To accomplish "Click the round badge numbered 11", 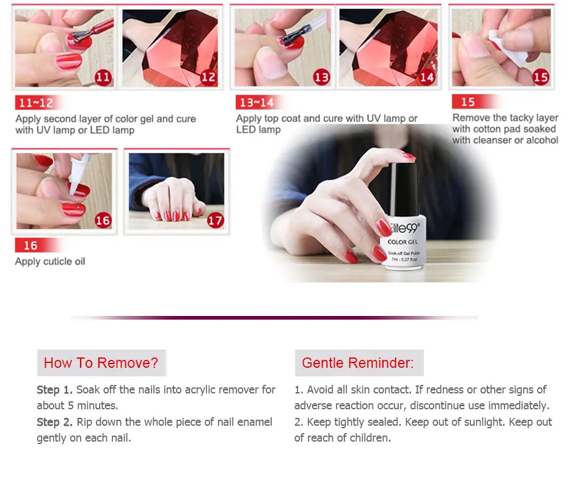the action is [103, 77].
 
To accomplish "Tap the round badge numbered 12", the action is [208, 77].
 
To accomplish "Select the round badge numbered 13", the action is [321, 77].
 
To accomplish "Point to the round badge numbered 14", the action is [427, 77].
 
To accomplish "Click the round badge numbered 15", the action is [541, 77].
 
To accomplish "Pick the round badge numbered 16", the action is [103, 220].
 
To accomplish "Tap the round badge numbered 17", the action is [215, 220].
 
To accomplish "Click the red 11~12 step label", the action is [36, 103].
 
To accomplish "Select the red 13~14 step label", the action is [257, 102].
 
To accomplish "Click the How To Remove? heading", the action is [101, 363].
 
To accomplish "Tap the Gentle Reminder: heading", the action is [357, 363].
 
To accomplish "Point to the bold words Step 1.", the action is [55, 390].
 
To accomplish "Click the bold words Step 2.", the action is [55, 422].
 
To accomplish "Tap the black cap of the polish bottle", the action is [404, 189].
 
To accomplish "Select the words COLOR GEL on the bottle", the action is [402, 242].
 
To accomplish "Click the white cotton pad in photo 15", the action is [507, 49].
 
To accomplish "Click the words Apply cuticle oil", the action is [50, 261].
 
